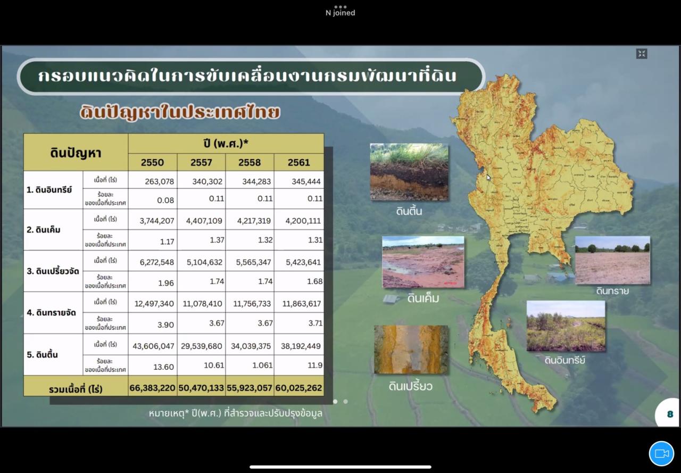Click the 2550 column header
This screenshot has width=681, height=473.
coord(152,162)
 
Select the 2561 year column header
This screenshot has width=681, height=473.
coord(298,162)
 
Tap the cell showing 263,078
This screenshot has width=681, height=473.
coord(159,181)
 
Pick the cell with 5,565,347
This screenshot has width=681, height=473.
coord(251,262)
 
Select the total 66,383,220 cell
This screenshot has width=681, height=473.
coord(152,388)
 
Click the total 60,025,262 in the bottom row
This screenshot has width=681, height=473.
coord(298,388)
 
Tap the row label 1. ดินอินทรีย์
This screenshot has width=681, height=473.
coord(49,189)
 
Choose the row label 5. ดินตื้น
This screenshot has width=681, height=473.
coord(43,355)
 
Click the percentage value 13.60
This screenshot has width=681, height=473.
coord(163,366)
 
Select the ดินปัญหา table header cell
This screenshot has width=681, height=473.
coord(76,153)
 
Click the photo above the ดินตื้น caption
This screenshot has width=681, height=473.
coord(409,172)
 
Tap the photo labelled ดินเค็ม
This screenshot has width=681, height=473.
coord(423,262)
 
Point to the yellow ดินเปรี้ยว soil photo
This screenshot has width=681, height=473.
coord(411,349)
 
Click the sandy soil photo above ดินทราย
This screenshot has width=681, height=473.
coord(612,260)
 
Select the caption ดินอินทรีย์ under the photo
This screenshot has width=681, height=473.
coord(565,360)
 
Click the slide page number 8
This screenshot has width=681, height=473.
coord(670,414)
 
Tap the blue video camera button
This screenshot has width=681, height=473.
coord(661,454)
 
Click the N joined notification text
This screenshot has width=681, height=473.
coord(340,13)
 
